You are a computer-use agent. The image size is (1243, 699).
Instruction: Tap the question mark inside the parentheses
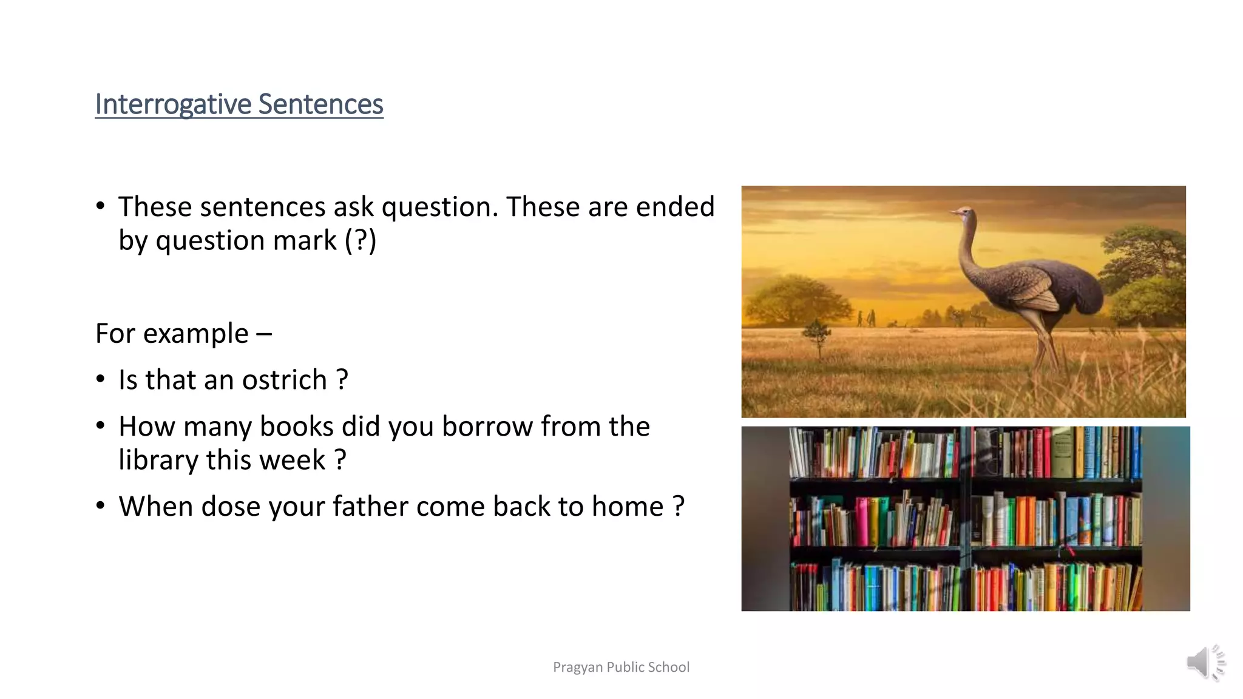(x=361, y=240)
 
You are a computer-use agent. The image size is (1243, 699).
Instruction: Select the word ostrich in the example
(x=285, y=380)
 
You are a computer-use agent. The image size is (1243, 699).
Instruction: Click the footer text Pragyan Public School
(x=621, y=667)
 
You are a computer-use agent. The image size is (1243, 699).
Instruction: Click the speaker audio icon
(x=1205, y=662)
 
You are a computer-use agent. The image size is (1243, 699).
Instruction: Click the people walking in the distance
(x=865, y=318)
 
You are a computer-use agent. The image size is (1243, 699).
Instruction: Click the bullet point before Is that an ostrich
(x=101, y=380)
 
